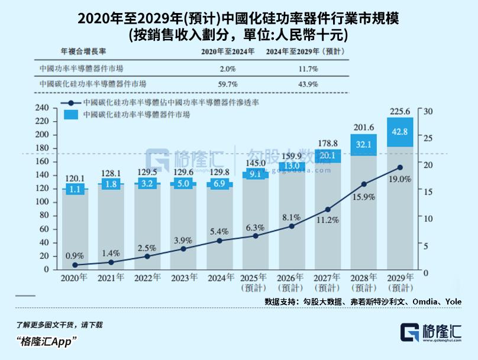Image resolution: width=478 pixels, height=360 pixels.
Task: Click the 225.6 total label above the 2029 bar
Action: tap(399, 111)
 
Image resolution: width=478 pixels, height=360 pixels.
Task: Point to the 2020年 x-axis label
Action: tap(75, 277)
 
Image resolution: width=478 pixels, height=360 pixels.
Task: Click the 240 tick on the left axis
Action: tap(41, 108)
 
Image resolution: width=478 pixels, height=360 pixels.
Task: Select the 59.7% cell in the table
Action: tap(228, 85)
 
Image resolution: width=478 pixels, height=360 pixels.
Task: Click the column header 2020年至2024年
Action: tap(228, 52)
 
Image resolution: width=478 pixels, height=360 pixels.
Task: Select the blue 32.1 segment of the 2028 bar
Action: tap(364, 144)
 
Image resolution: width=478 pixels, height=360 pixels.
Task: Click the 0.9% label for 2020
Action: tap(75, 256)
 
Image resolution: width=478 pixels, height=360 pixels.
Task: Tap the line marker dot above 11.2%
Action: tap(328, 209)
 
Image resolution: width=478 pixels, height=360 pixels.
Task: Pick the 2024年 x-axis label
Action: tap(219, 277)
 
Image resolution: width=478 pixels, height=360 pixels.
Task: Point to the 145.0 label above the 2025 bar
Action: tap(256, 163)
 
